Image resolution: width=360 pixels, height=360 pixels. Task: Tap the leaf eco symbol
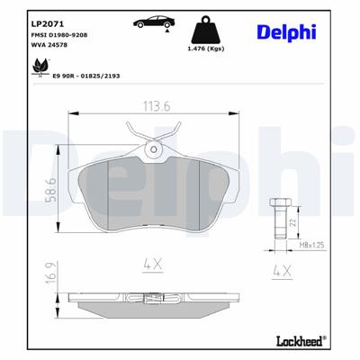pyautogui.click(x=40, y=67)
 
